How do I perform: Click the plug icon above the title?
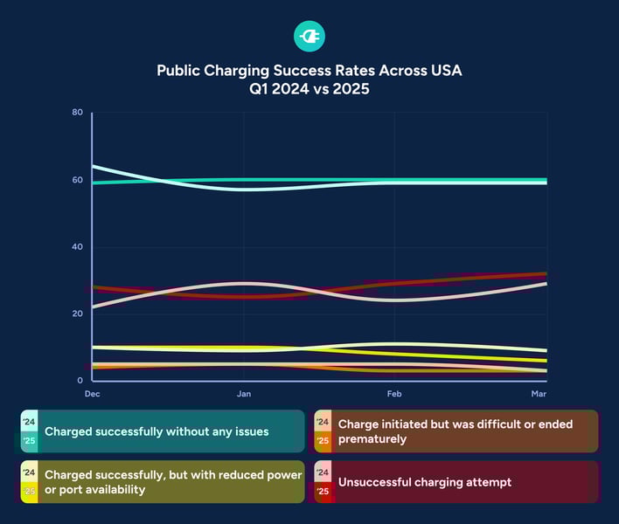pos(309,36)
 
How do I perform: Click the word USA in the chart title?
pos(443,70)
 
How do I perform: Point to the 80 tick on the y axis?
pos(78,113)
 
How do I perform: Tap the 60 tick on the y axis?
pos(78,180)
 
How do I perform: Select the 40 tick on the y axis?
pos(78,247)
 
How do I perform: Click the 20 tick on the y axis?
pos(78,314)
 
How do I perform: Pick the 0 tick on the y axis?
pos(80,381)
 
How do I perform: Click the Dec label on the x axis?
pos(91,395)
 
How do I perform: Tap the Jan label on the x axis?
pos(244,395)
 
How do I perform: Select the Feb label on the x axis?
pos(394,395)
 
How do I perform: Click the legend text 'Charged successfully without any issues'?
pos(156,431)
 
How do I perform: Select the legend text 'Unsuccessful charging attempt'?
pos(424,482)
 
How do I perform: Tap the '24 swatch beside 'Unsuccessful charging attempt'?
pos(323,472)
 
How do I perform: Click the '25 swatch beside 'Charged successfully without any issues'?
pos(29,441)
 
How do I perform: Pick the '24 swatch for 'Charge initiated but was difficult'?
pos(323,422)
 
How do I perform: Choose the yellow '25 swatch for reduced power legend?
pos(29,492)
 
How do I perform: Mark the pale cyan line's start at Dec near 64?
pos(93,166)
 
